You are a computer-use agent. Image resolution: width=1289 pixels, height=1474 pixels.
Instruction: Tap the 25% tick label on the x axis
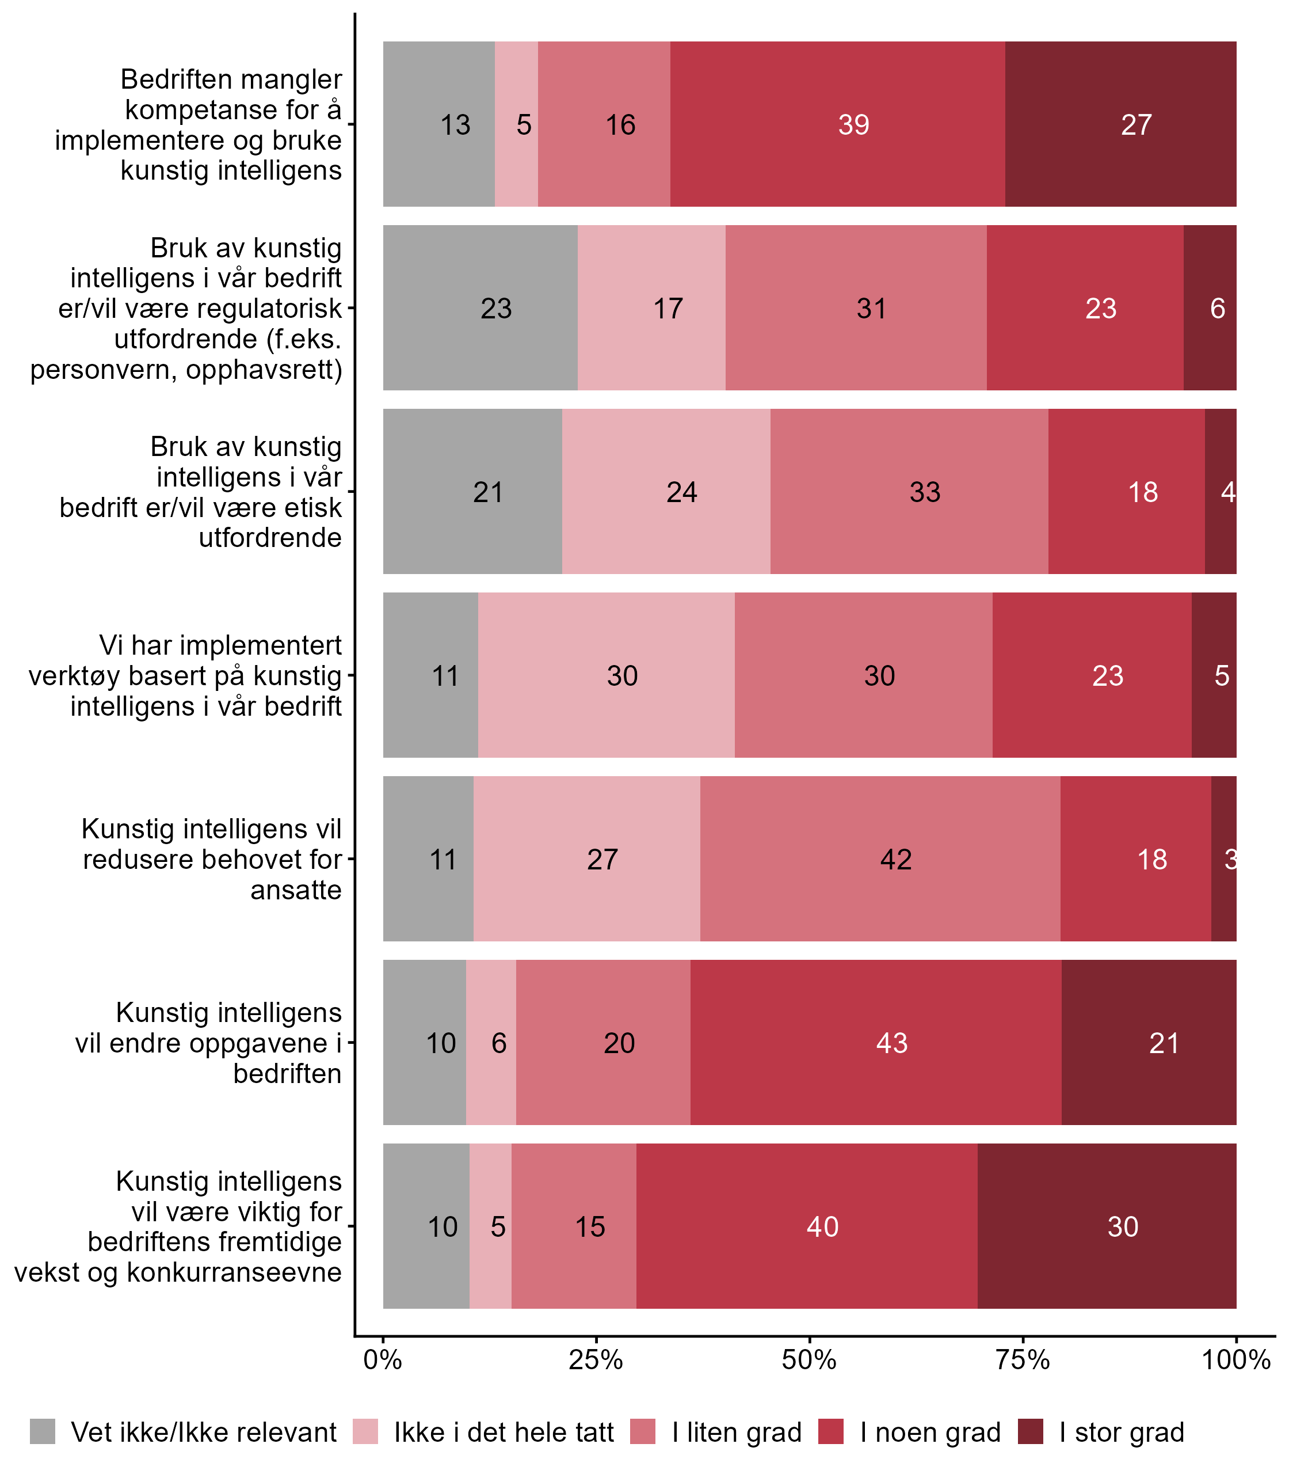point(596,1359)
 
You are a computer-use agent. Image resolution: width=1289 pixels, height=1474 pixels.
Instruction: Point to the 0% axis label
point(383,1359)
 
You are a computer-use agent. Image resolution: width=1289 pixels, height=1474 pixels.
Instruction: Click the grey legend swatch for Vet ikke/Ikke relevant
point(43,1433)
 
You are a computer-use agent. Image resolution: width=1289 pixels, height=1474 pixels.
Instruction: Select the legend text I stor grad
point(1122,1433)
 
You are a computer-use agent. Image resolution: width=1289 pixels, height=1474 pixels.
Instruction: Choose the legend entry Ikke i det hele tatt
point(504,1433)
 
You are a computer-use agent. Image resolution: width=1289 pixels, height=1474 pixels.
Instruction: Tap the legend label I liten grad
point(737,1433)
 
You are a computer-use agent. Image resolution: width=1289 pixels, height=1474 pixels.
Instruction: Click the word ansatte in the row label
point(296,890)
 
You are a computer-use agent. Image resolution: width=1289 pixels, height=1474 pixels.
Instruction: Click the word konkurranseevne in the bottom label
point(234,1272)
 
